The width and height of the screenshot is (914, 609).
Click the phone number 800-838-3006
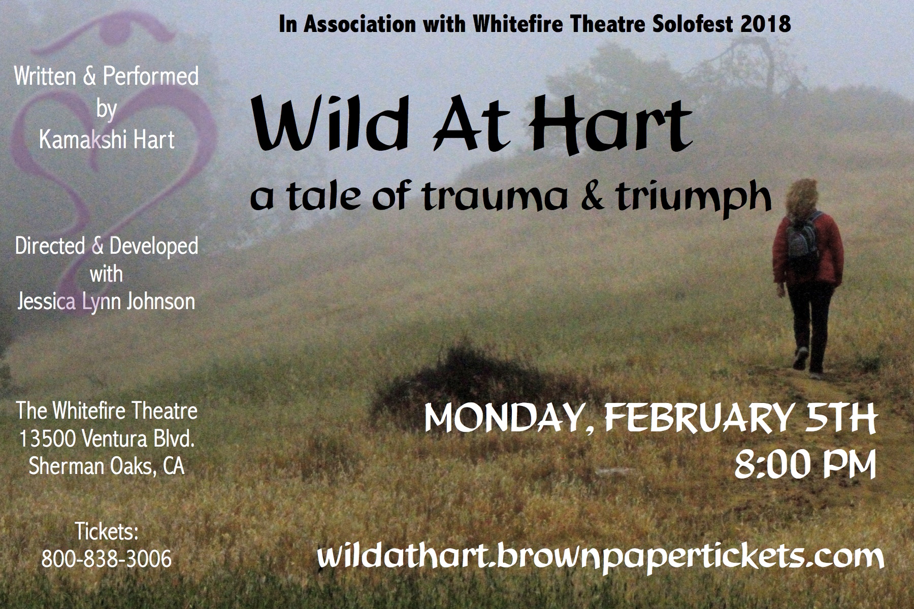[106, 559]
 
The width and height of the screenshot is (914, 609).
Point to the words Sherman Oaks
[87, 466]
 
